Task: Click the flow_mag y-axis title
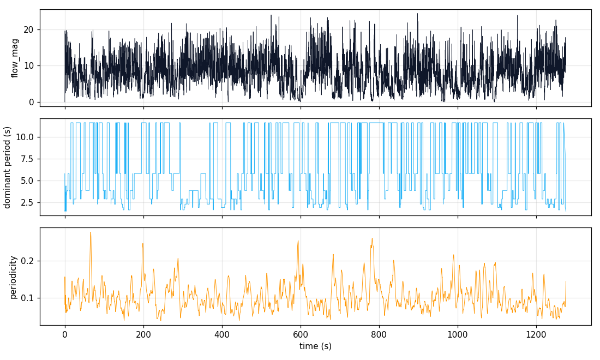click(15, 58)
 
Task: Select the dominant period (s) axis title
click(8, 167)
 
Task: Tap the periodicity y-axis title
click(13, 277)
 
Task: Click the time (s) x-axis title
click(315, 346)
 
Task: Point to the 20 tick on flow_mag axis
click(28, 29)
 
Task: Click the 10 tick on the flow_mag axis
click(28, 66)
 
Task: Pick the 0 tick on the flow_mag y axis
click(31, 102)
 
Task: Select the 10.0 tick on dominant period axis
click(26, 137)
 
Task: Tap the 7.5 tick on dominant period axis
click(27, 159)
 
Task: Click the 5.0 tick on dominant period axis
click(27, 181)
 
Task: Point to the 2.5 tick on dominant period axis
click(27, 202)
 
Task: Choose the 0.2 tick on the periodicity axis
click(27, 261)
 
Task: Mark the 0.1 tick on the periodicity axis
click(27, 298)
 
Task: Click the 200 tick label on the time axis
click(143, 334)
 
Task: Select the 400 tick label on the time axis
click(222, 334)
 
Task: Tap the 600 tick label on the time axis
click(301, 334)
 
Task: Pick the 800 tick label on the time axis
click(379, 334)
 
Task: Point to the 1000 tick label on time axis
click(457, 334)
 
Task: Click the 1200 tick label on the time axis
click(536, 334)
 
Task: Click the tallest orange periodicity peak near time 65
click(91, 232)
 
